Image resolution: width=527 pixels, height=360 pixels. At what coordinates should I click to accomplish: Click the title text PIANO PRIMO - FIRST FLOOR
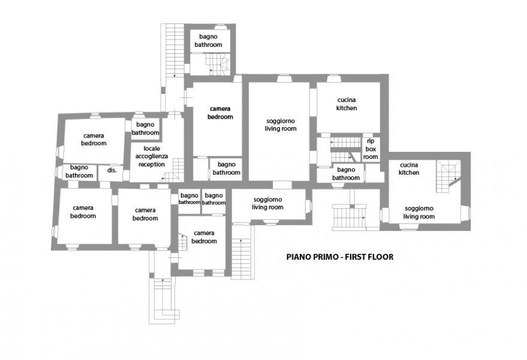[x=340, y=257]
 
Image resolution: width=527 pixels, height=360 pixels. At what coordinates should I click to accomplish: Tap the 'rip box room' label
[x=371, y=149]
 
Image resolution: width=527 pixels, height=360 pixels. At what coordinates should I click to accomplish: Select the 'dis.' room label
[x=112, y=170]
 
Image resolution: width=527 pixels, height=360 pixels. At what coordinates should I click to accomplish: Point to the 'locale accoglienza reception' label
[x=152, y=157]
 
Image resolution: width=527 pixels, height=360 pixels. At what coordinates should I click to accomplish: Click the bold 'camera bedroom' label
[x=220, y=113]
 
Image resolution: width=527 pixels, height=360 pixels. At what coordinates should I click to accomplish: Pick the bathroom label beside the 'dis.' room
[x=79, y=171]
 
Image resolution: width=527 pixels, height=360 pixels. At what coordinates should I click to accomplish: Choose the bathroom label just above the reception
[x=145, y=128]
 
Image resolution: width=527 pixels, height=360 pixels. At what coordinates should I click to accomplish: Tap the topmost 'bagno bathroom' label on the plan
[x=209, y=40]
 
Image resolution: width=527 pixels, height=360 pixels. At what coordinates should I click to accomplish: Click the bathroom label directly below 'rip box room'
[x=346, y=173]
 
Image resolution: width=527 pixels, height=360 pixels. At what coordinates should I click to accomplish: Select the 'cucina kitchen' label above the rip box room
[x=347, y=104]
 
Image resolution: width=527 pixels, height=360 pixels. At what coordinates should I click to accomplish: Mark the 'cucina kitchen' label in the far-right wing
[x=409, y=169]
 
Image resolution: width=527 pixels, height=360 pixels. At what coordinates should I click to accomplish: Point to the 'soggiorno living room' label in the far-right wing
[x=419, y=212]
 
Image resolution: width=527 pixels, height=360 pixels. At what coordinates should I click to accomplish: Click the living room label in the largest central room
[x=281, y=124]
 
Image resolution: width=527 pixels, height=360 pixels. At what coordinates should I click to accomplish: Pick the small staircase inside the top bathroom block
[x=218, y=64]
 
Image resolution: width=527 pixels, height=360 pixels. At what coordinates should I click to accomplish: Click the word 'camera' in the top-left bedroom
[x=94, y=136]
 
